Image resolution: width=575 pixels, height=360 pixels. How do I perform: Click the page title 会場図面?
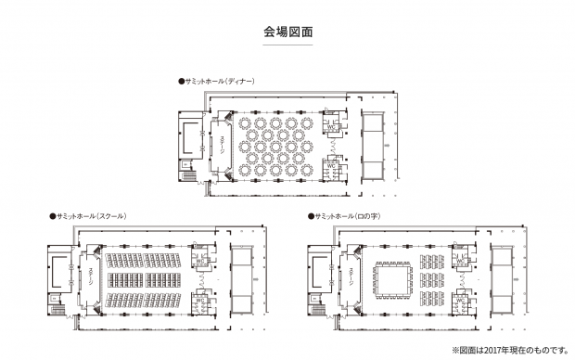point(287,32)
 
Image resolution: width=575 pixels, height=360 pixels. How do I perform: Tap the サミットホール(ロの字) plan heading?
point(351,215)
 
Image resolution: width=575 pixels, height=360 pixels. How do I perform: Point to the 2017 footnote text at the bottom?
point(509,350)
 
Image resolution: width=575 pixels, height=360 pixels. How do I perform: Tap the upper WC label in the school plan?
point(198,261)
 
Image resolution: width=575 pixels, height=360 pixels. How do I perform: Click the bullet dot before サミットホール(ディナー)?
point(181,81)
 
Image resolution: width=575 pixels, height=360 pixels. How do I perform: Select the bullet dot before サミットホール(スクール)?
point(51,215)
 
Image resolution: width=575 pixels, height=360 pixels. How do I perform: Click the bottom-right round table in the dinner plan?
point(307,171)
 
